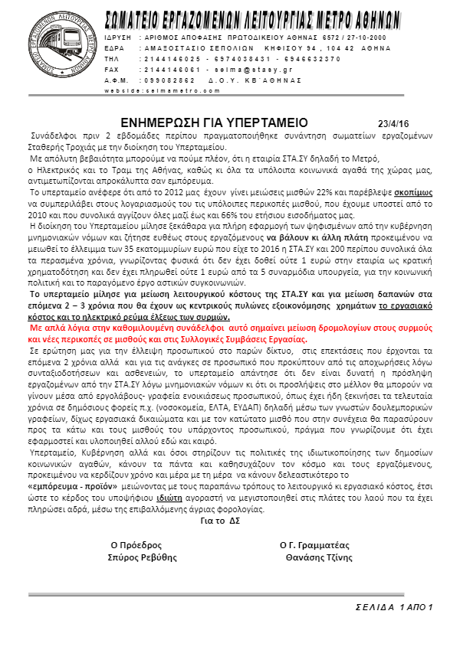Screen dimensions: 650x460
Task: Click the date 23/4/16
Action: point(395,122)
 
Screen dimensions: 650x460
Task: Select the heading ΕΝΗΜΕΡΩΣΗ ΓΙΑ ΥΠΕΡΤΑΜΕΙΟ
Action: point(214,122)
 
